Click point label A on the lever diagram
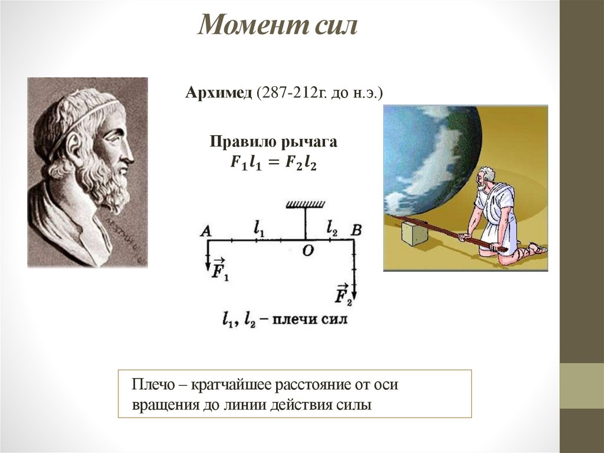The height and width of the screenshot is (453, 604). point(205,232)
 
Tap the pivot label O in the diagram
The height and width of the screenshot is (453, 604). point(307,250)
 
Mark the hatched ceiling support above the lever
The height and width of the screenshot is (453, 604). point(305,204)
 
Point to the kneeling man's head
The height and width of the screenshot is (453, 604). point(486,175)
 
